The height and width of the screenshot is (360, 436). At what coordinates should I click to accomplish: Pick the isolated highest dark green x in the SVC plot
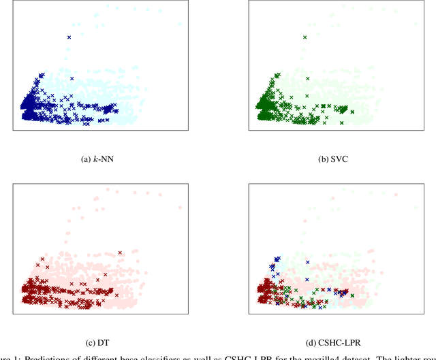305,37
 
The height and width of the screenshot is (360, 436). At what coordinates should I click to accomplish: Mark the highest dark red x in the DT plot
120,252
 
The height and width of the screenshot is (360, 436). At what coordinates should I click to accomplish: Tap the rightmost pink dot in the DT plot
180,207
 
